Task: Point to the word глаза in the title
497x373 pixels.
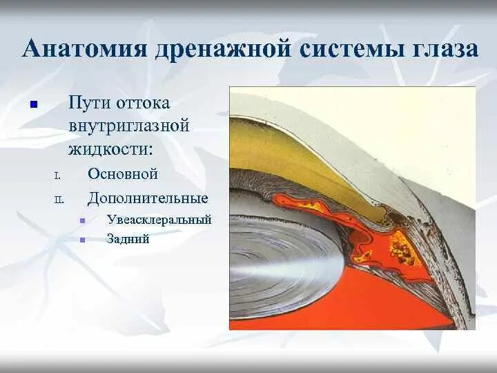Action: click(x=441, y=49)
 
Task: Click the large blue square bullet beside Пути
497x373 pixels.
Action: click(x=32, y=106)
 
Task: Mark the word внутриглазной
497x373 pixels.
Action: click(x=128, y=126)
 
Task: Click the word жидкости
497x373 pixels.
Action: click(x=110, y=149)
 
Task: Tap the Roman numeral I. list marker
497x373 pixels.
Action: click(x=58, y=176)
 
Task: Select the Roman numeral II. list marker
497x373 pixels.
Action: click(x=59, y=200)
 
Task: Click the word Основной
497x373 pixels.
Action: click(x=123, y=174)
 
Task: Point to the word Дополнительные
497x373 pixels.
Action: click(x=148, y=198)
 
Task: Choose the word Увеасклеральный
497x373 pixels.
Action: click(x=159, y=220)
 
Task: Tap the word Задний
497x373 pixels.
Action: click(x=128, y=240)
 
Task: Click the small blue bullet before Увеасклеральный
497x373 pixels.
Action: click(x=82, y=221)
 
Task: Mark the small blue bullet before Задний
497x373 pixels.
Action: click(x=82, y=240)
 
